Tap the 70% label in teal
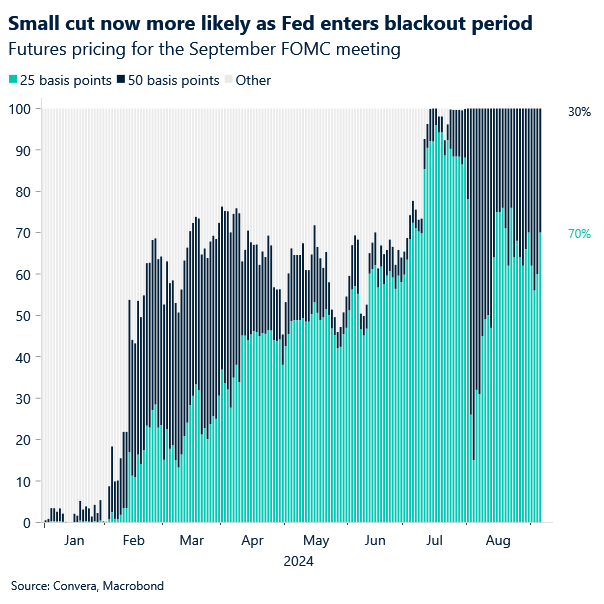(578, 233)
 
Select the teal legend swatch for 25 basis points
(13, 80)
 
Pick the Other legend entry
(252, 80)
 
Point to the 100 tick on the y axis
(18, 108)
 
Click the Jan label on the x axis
(72, 541)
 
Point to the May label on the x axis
(315, 541)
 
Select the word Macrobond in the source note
(133, 586)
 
